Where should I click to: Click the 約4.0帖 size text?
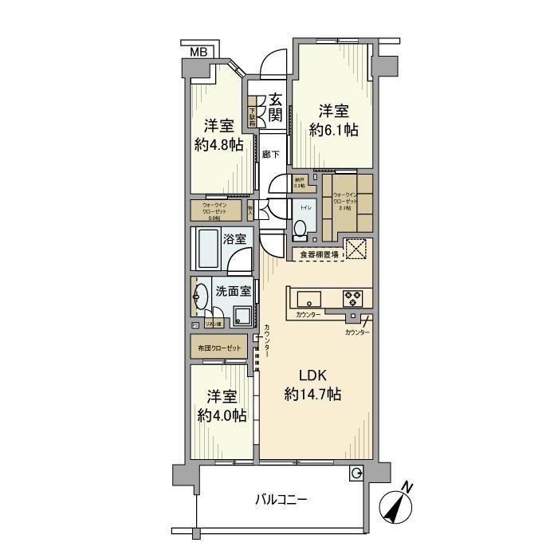pos(221,415)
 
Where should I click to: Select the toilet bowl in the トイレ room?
pos(300,230)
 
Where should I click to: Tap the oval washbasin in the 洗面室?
pos(198,297)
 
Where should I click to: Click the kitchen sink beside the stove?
pos(309,299)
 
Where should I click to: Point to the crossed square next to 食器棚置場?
pos(355,250)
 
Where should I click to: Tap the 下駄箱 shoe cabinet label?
pos(252,116)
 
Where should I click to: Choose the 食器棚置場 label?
pos(318,254)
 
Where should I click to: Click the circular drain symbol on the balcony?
pos(356,474)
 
